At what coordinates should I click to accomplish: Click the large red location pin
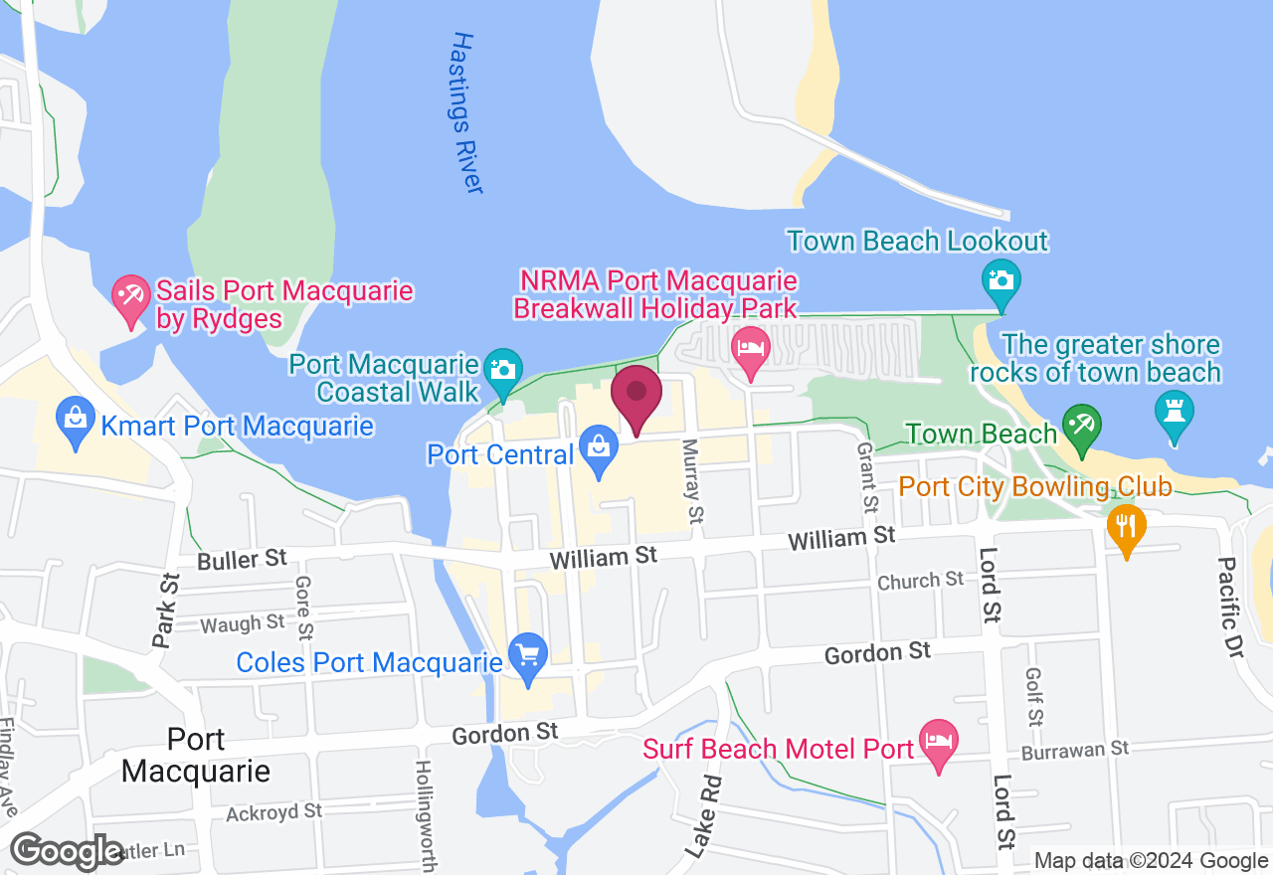click(636, 396)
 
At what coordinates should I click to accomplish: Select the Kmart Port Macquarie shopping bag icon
click(76, 422)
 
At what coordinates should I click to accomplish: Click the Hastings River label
click(465, 112)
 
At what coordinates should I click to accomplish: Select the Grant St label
click(868, 476)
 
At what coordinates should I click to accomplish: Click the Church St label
click(921, 579)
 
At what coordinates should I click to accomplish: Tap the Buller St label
click(243, 560)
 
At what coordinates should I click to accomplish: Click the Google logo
click(68, 851)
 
